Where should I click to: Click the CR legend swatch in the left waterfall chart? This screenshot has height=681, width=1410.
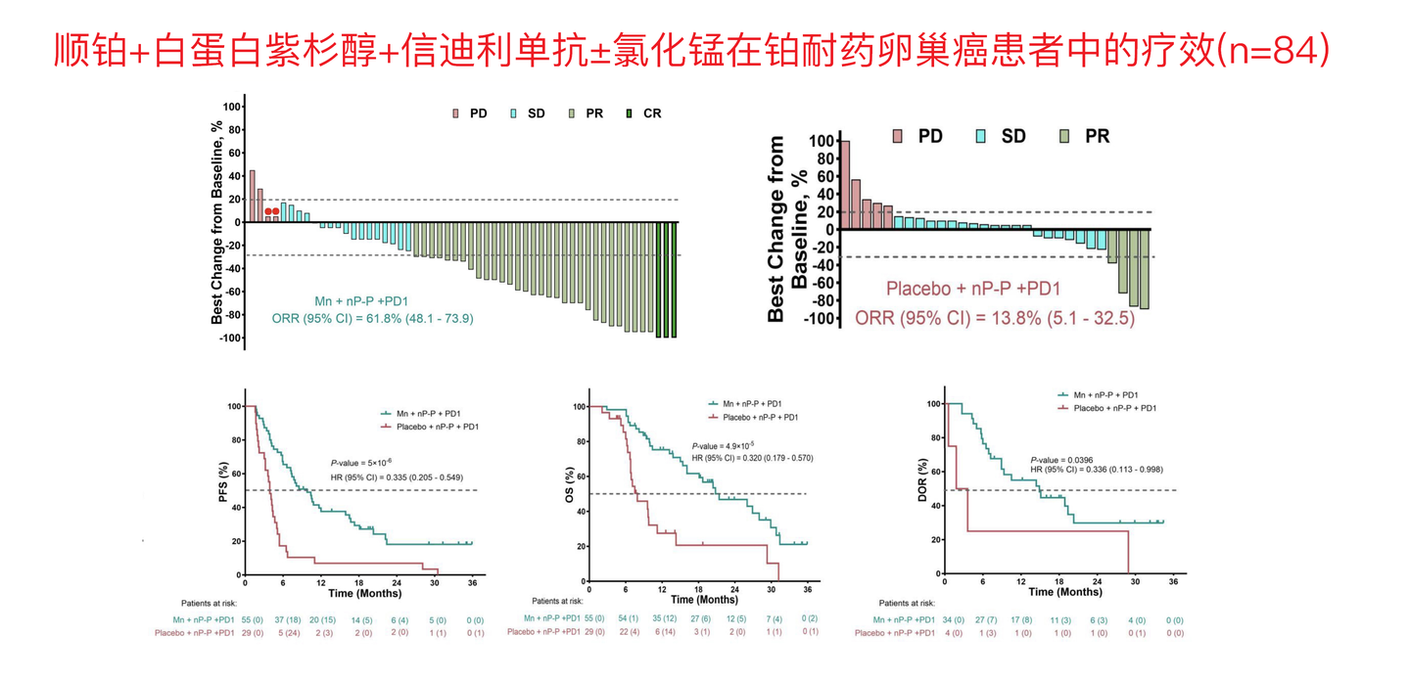click(x=629, y=113)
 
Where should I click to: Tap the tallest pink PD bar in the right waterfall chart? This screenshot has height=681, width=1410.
click(x=845, y=186)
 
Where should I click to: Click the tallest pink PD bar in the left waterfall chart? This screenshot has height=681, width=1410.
click(x=253, y=197)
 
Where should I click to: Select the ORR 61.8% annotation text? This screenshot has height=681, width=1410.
click(x=373, y=319)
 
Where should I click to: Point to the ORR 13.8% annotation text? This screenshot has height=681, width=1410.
click(x=995, y=318)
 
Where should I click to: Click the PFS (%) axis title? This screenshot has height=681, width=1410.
click(x=223, y=482)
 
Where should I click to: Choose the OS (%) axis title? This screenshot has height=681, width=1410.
click(x=570, y=484)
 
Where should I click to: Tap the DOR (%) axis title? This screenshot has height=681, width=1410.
click(x=922, y=480)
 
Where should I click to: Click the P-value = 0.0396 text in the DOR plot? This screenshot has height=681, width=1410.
click(x=1061, y=460)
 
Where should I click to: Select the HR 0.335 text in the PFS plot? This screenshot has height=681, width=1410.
click(x=397, y=477)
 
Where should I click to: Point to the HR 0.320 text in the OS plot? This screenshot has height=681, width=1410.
click(x=753, y=458)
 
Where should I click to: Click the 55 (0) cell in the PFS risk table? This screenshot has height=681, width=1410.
click(x=253, y=620)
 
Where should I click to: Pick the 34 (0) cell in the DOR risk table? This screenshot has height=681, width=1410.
click(x=953, y=620)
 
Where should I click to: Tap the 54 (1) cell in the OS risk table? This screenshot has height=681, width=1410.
click(x=629, y=618)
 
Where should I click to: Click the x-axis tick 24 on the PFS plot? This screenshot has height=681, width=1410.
click(x=397, y=583)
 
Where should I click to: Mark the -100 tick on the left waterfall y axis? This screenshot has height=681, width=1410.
click(x=230, y=339)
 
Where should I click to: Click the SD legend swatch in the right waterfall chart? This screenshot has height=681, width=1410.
click(x=981, y=136)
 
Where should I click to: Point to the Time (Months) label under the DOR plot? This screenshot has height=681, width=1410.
click(x=1065, y=592)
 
